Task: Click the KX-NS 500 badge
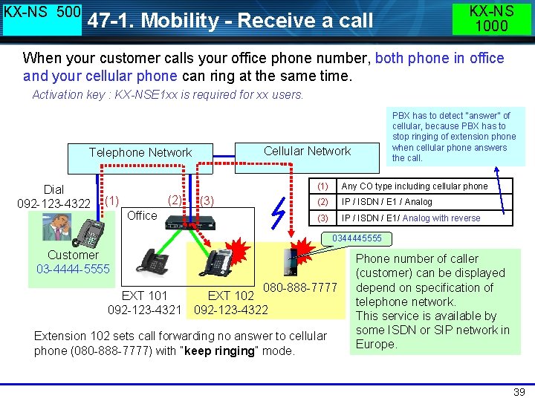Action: click(x=42, y=18)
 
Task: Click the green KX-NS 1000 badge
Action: click(x=491, y=18)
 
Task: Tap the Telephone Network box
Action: click(x=140, y=153)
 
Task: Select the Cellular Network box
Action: click(x=307, y=151)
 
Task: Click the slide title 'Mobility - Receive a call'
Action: click(x=230, y=21)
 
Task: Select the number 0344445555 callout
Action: click(x=357, y=238)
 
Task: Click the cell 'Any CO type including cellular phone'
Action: click(x=414, y=186)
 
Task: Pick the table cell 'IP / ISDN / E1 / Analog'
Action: click(x=386, y=202)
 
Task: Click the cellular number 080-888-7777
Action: click(x=300, y=287)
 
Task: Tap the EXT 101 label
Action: click(x=144, y=295)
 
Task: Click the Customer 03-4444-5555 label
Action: click(x=73, y=261)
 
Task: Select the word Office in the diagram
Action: click(x=142, y=215)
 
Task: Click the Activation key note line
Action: click(x=168, y=94)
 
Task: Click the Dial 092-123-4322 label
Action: click(x=53, y=197)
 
